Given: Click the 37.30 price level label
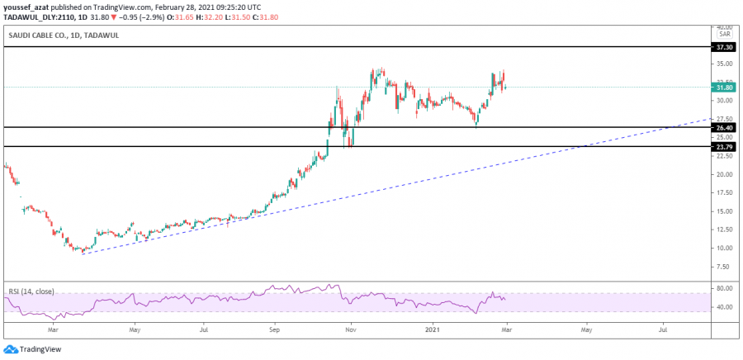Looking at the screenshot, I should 724,47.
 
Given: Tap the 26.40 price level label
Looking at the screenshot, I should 724,128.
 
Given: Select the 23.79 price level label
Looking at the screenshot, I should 724,147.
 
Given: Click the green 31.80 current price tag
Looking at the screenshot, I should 724,88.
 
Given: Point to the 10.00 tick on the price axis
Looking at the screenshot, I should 724,248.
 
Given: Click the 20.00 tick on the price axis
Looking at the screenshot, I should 724,174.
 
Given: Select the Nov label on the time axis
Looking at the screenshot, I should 350,329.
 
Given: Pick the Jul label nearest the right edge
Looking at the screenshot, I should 663,329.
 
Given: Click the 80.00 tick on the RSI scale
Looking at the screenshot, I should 724,288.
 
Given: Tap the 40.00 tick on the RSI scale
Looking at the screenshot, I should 724,307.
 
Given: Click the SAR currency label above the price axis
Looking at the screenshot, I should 724,35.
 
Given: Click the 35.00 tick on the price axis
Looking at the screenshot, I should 724,64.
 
